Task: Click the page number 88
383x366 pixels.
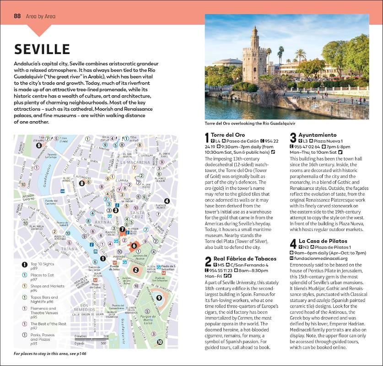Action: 17,16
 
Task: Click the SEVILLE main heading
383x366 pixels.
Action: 42,49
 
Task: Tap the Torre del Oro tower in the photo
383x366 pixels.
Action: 254,59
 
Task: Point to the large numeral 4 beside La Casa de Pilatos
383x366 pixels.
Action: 293,244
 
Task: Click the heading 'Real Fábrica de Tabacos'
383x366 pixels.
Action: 242,259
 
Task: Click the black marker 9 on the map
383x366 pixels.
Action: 159,298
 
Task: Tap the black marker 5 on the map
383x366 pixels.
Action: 39,146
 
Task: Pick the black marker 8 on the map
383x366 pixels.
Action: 82,183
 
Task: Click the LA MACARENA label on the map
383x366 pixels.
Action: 135,162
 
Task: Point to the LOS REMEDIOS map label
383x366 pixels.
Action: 92,307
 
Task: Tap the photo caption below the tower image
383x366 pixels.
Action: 250,124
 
